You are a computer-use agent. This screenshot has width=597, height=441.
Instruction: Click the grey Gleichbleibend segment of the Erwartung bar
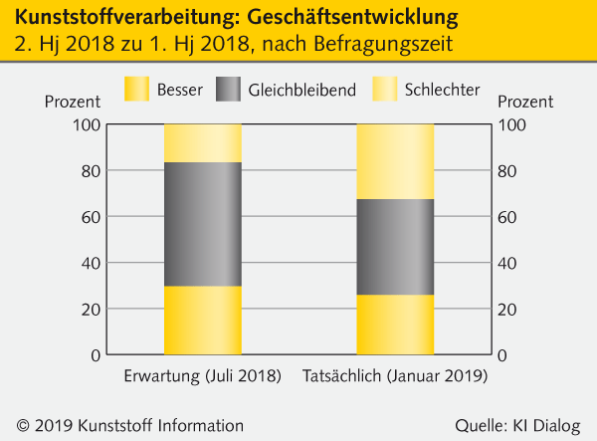coord(202,224)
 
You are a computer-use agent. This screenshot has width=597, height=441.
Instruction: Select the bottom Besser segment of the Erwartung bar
coord(202,321)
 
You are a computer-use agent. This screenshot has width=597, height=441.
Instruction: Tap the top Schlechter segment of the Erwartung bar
coord(202,142)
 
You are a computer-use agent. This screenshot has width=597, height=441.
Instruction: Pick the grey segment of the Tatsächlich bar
coord(395,247)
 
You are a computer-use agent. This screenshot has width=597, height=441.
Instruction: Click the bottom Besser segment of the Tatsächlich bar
coord(395,325)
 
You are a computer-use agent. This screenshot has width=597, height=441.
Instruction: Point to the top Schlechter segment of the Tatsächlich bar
coord(395,161)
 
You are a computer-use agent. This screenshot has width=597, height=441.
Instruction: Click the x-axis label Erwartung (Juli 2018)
coord(203,376)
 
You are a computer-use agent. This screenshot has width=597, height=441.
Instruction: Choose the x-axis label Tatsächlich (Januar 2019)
coord(396,376)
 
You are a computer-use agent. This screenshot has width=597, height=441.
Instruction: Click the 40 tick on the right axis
coord(506,263)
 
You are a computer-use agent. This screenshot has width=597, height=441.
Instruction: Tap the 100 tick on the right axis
coord(510,124)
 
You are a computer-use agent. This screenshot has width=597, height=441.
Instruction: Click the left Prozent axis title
coord(73,102)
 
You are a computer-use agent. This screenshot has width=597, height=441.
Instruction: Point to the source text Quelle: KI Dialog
coord(516,425)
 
